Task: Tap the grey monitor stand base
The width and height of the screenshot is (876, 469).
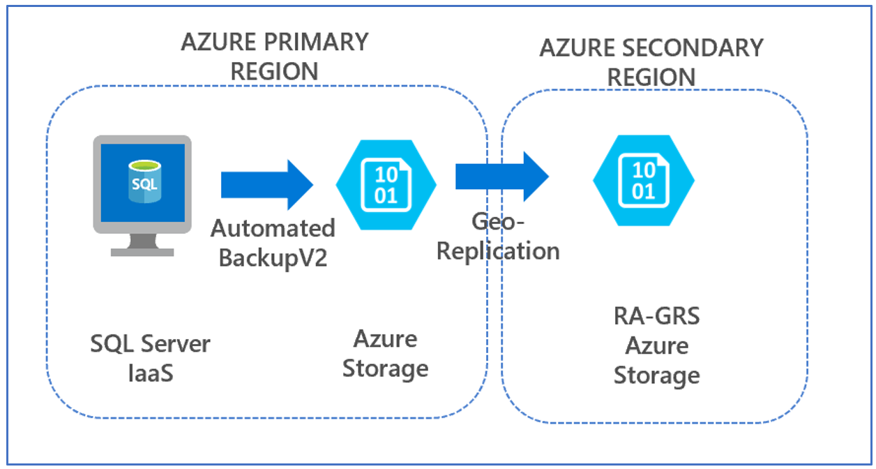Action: pos(142,250)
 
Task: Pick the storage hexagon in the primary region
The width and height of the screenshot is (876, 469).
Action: pos(386,184)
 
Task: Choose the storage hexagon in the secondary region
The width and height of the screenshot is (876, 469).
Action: pos(643,180)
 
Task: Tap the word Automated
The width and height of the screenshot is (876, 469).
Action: pos(273,228)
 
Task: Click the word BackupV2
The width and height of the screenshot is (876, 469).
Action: pos(273,257)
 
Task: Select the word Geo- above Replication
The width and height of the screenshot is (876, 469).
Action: pos(497,222)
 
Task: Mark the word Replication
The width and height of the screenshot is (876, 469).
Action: pos(498,251)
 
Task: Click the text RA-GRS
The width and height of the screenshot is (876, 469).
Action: pos(656,317)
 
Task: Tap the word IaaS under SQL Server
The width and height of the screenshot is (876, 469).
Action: pos(150,373)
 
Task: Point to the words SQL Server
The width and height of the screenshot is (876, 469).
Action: pos(150,343)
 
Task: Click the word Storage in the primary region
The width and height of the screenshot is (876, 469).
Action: pos(385,368)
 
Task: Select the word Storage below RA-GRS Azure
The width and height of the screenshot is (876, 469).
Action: pos(656,375)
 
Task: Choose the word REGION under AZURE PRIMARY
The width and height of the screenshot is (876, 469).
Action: pos(274,71)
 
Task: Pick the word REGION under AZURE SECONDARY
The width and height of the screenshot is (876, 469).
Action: pos(651,77)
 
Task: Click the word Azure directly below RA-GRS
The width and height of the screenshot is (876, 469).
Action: pos(656,346)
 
